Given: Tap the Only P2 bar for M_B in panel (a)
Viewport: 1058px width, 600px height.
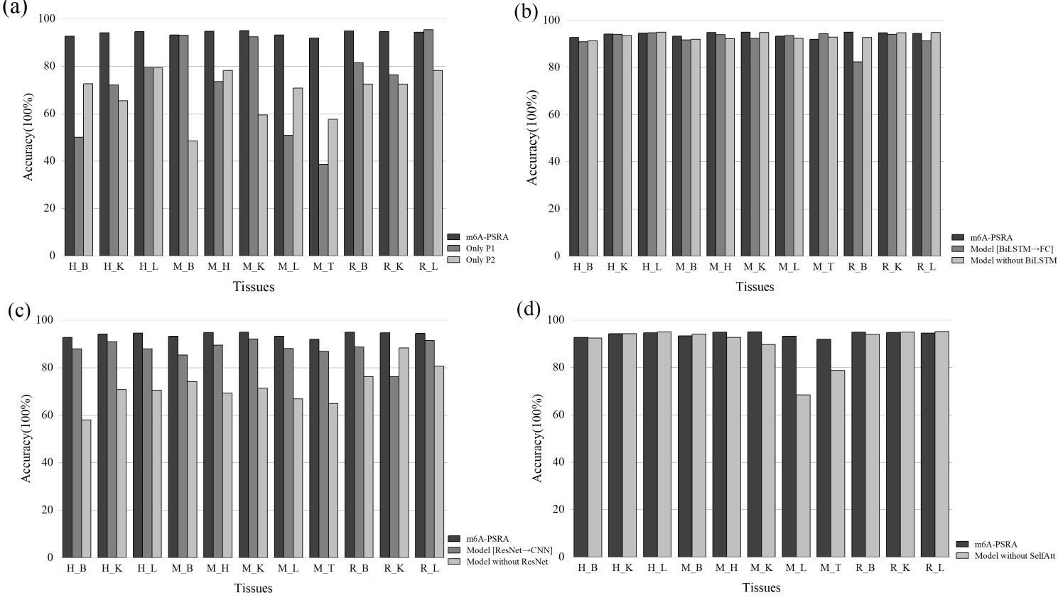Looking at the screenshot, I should (x=193, y=197).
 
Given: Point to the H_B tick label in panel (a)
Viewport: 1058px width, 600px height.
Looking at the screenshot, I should (x=79, y=266).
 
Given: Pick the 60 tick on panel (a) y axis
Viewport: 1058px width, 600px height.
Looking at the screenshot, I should (x=50, y=114).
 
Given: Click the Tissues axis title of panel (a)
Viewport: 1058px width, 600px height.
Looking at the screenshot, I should (x=254, y=287).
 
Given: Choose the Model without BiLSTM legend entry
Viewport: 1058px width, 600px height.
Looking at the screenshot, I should (x=1013, y=261).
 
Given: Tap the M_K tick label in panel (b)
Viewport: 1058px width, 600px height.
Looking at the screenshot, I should (x=755, y=266).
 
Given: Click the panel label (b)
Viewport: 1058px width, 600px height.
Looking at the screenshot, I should (x=526, y=11).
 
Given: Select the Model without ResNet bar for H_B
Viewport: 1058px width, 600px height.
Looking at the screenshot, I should (x=86, y=489).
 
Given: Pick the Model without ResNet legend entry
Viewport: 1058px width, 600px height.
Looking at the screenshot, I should (x=507, y=562).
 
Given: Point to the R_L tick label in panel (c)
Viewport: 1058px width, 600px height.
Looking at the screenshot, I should (x=429, y=568).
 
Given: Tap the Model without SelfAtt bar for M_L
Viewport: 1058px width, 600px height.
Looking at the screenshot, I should (x=803, y=476).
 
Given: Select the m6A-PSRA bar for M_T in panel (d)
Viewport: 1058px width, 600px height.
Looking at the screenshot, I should (x=824, y=447).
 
